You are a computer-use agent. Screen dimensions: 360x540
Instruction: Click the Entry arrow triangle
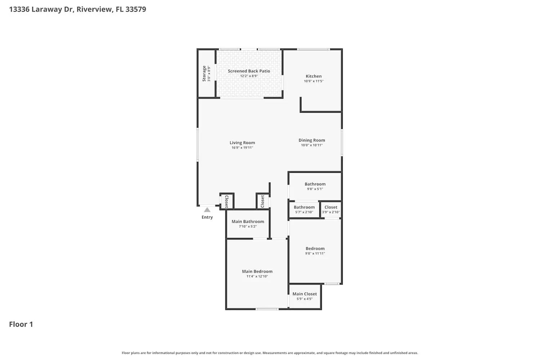click(207, 210)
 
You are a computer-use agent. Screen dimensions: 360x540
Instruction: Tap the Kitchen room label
click(314, 76)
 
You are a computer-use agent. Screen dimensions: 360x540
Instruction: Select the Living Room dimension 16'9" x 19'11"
click(242, 148)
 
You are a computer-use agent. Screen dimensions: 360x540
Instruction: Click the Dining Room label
click(311, 140)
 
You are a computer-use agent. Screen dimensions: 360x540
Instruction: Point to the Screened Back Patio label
click(249, 71)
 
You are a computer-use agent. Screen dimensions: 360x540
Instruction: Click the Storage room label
click(204, 73)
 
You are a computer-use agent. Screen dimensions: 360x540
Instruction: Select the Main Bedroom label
click(257, 271)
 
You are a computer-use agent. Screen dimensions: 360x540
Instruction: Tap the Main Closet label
click(305, 294)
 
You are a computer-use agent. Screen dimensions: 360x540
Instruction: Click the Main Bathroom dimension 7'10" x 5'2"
click(248, 226)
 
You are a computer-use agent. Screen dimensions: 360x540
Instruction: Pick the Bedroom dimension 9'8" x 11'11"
click(315, 253)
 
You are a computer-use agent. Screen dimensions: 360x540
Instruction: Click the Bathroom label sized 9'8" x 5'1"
click(315, 184)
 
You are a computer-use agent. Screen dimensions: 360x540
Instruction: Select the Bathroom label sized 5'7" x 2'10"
click(304, 207)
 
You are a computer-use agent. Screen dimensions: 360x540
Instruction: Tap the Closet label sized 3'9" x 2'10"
click(331, 207)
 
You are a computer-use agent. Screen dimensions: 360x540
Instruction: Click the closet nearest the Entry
click(227, 201)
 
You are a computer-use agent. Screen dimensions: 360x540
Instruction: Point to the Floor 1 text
click(21, 324)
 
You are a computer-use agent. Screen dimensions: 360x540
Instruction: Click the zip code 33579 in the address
click(136, 9)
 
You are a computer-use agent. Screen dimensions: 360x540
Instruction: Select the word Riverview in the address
click(94, 9)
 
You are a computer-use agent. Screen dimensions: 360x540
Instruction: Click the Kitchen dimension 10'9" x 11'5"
click(314, 81)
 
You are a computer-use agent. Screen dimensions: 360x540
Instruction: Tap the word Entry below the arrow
click(207, 217)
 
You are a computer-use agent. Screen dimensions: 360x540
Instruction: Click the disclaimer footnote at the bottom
click(270, 353)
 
